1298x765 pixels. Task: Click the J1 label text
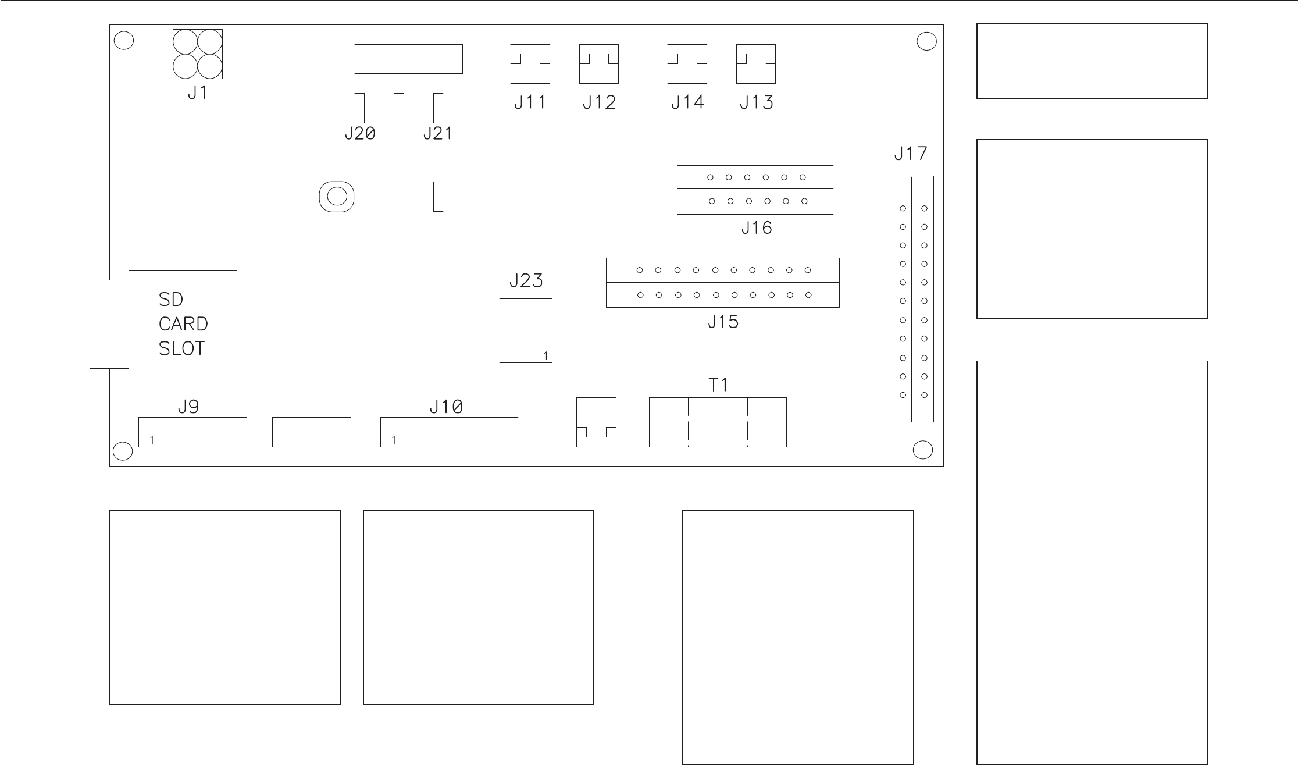click(x=197, y=93)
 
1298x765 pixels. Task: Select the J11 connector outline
click(x=530, y=64)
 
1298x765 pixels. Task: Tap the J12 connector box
click(x=599, y=64)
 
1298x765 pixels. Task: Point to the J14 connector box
click(x=687, y=64)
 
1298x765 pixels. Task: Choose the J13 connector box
click(x=756, y=64)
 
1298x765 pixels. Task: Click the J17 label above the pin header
click(x=911, y=154)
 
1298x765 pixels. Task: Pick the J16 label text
click(x=757, y=228)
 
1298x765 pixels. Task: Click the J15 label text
click(x=723, y=322)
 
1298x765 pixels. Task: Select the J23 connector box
click(x=526, y=330)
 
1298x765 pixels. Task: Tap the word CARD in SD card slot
click(x=183, y=324)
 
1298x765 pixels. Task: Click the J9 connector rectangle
click(x=192, y=432)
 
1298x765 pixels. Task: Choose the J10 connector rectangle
click(x=449, y=432)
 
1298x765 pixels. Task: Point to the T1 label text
click(x=718, y=385)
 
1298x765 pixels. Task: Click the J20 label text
click(x=360, y=134)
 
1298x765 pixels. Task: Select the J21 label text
click(x=437, y=134)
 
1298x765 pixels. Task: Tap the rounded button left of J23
click(x=337, y=197)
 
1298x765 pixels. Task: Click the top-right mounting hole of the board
click(x=926, y=42)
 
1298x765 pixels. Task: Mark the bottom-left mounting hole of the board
click(x=123, y=451)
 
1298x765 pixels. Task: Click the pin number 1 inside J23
click(x=545, y=355)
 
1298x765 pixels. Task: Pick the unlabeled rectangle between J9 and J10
click(x=312, y=432)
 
